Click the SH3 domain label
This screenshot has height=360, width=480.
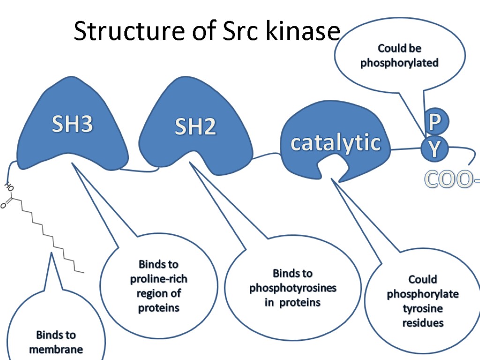[x=73, y=125]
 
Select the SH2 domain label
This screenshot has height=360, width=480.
[x=195, y=127]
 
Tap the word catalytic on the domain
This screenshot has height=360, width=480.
[x=335, y=142]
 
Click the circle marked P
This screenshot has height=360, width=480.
[x=435, y=123]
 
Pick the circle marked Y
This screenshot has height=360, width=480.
[x=435, y=149]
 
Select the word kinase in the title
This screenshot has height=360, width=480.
[x=302, y=32]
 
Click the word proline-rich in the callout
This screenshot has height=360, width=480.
[x=158, y=279]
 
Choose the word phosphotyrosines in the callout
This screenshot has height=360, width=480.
[x=293, y=288]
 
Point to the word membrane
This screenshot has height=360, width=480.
[x=56, y=349]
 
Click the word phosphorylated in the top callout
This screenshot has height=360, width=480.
[x=399, y=63]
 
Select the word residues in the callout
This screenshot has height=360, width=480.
[x=423, y=323]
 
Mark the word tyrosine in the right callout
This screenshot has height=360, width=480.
[x=423, y=308]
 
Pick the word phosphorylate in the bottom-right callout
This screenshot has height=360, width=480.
[x=423, y=294]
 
